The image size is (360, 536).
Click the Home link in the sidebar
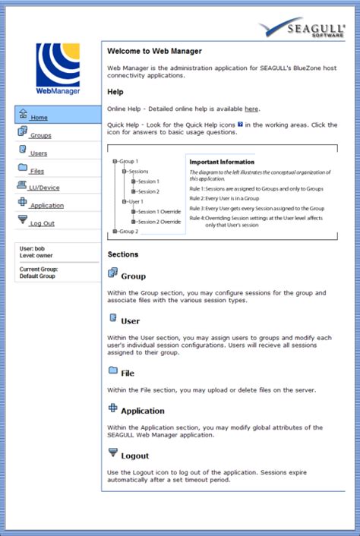click(39, 118)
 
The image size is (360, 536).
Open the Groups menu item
click(40, 135)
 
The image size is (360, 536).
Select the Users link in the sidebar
click(39, 153)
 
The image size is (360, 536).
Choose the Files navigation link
click(37, 171)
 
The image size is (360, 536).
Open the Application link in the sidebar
click(47, 205)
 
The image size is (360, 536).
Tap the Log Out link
click(42, 223)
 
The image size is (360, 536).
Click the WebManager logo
click(58, 68)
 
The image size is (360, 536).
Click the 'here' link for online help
click(251, 109)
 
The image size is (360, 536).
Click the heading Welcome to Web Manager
click(154, 52)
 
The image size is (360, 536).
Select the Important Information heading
click(222, 162)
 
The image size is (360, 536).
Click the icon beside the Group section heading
click(113, 273)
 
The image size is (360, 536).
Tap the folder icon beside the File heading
click(113, 370)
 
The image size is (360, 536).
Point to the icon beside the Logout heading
click(113, 453)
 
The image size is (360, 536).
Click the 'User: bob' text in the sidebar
click(32, 249)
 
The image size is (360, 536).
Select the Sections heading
click(123, 254)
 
